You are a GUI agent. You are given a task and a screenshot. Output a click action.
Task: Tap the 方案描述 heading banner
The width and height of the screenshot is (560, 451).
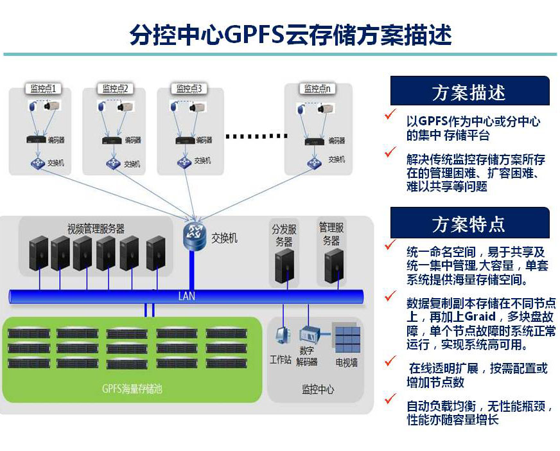coord(469,92)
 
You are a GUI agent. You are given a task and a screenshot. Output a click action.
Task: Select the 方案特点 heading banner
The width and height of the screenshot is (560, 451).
coord(469,224)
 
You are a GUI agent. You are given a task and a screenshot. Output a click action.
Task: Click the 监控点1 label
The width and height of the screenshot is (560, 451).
coord(44,88)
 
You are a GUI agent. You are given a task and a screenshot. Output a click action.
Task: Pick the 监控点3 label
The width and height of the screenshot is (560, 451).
coord(189,88)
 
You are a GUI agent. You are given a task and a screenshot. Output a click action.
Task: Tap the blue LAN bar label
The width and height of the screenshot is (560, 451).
coord(186,296)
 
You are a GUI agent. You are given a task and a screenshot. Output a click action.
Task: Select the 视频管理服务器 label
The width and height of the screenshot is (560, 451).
coord(96,229)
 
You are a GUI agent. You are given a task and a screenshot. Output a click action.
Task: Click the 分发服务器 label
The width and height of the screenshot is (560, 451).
coord(284,235)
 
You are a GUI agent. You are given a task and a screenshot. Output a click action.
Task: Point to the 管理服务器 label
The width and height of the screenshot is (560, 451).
coord(331,234)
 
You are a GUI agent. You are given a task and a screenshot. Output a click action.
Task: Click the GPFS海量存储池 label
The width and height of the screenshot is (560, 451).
coord(132,388)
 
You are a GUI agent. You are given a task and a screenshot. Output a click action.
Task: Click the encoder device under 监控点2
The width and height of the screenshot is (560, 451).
coord(110,139)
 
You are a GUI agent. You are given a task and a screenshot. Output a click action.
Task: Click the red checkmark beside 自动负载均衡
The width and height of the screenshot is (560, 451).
coord(390,400)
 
